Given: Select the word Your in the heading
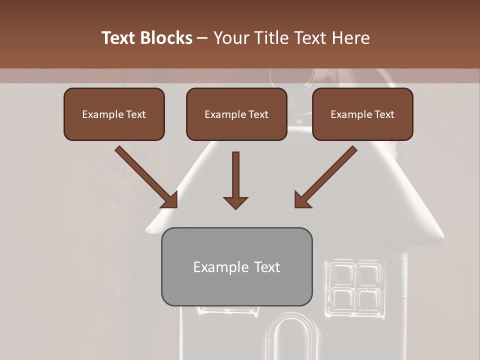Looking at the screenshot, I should pos(231,38).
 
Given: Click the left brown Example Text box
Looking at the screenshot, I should pos(114,114).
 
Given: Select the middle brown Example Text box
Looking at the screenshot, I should pos(236,114).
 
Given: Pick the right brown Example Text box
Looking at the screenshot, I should pos(362,114).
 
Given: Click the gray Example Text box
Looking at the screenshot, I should pos(236,266).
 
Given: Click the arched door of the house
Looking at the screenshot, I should pos(294,340).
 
